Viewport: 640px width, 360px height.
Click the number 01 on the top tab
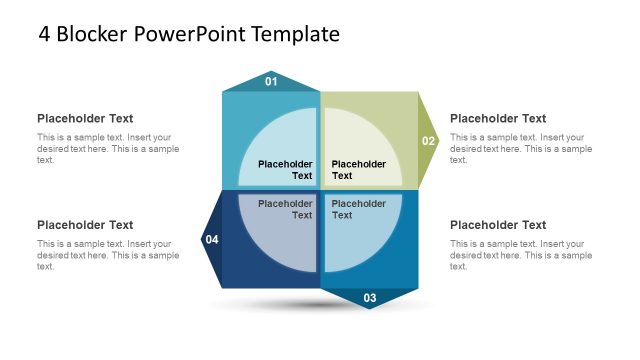click(271, 82)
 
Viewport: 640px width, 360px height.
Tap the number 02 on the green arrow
click(428, 141)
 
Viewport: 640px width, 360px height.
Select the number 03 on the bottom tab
click(369, 298)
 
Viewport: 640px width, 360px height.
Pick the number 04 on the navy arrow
click(212, 240)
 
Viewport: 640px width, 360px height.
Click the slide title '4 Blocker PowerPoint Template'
click(189, 34)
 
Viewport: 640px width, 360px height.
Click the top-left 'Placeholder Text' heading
click(85, 118)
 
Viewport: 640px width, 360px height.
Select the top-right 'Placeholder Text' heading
click(498, 118)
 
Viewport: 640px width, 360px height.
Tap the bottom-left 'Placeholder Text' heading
click(85, 225)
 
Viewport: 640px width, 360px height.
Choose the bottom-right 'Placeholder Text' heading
click(498, 225)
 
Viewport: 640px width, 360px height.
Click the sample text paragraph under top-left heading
click(108, 148)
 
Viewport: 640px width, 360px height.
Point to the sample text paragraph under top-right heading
click(520, 148)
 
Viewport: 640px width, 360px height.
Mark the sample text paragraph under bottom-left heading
click(108, 255)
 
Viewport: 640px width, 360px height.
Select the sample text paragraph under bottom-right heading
click(520, 255)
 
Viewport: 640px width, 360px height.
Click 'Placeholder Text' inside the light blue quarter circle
click(286, 170)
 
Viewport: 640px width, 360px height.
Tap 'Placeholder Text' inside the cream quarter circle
click(358, 170)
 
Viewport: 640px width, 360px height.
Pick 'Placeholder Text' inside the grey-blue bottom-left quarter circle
click(286, 209)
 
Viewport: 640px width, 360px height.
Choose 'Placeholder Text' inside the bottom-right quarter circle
click(358, 209)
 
